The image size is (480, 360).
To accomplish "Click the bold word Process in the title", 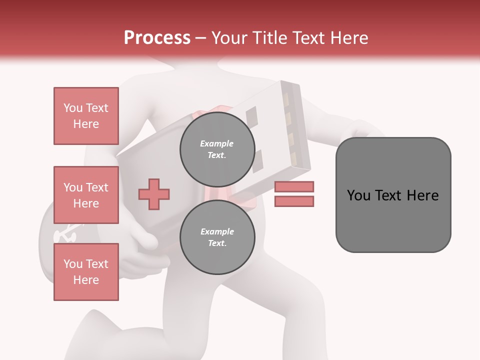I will tap(157, 37).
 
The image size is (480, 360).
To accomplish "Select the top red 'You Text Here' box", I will tap(86, 116).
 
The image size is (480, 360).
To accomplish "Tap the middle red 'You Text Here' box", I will tap(86, 195).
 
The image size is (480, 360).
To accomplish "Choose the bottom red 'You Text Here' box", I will tap(86, 272).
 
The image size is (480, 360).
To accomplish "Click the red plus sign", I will tap(154, 193).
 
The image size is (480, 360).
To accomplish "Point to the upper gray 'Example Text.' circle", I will tap(217, 149).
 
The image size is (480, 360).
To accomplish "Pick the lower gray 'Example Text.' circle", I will tap(217, 237).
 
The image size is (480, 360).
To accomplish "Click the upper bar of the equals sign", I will tap(294, 187).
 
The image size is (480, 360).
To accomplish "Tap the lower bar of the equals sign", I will tap(294, 201).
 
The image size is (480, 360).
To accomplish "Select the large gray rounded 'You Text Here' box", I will tap(393, 195).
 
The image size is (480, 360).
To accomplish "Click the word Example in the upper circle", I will tap(217, 143).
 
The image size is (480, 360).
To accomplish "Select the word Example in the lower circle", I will tap(217, 231).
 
